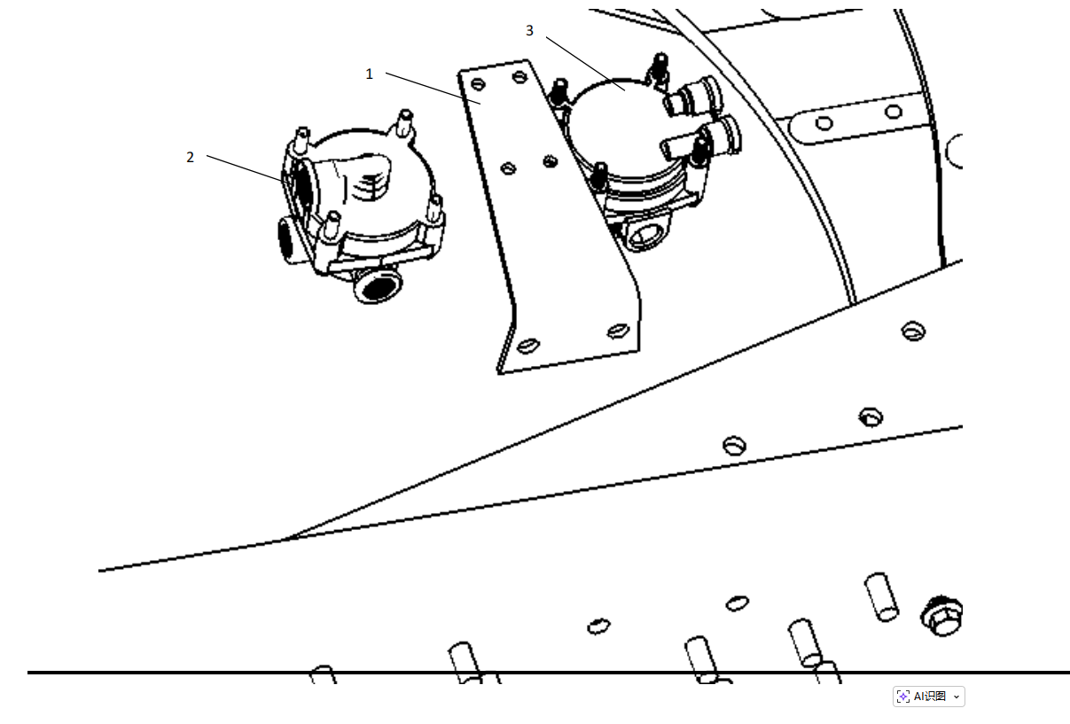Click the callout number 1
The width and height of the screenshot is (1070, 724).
(369, 74)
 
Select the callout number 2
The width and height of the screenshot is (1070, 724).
(190, 157)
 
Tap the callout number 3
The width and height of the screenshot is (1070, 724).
(529, 30)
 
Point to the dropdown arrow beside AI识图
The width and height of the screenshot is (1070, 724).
(957, 697)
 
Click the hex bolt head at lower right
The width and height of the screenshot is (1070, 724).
(942, 616)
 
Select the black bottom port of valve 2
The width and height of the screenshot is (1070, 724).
(378, 285)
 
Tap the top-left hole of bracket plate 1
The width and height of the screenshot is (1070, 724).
(478, 84)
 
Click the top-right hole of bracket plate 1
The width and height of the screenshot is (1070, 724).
(519, 77)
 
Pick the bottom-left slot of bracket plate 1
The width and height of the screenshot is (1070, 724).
(528, 346)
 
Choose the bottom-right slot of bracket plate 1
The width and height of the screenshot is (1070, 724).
(618, 331)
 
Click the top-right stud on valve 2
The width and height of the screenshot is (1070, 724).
(404, 122)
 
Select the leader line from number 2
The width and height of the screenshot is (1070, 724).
(245, 168)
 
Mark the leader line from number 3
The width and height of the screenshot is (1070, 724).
(586, 64)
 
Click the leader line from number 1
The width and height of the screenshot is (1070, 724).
(433, 89)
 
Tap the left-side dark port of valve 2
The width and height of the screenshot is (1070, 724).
(286, 237)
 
